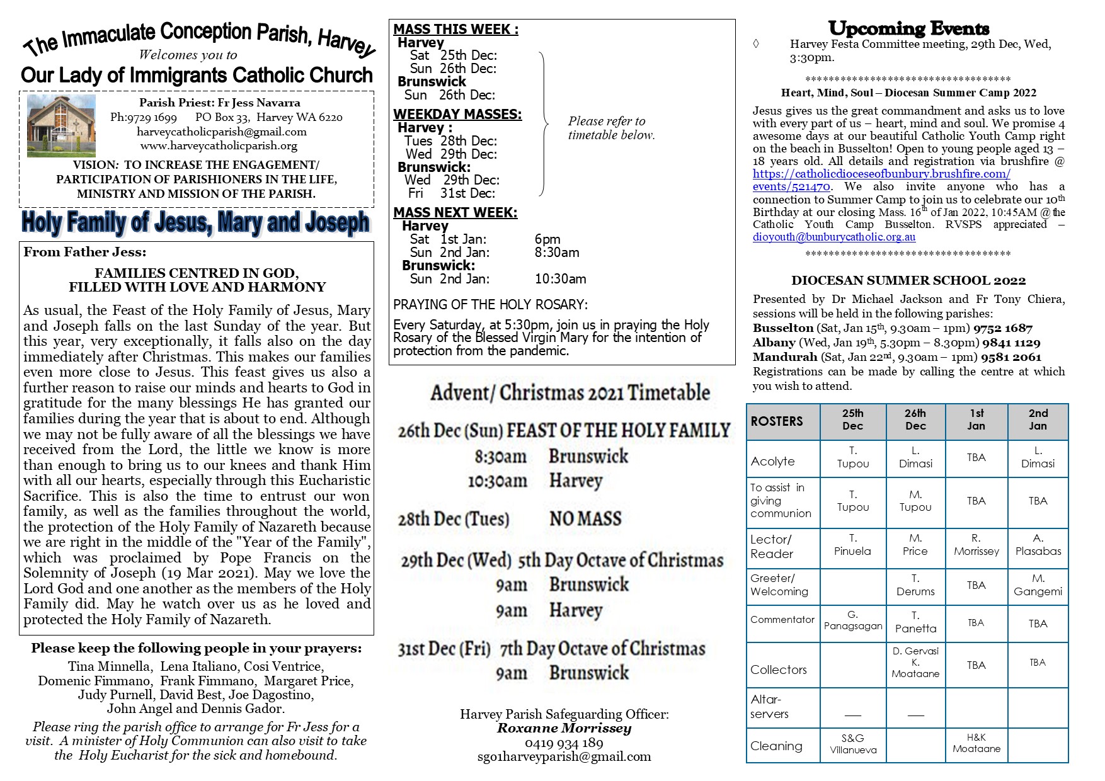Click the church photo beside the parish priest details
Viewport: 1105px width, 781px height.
point(61,126)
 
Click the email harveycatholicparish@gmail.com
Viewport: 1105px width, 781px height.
point(222,132)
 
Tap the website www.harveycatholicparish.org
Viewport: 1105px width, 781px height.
point(219,145)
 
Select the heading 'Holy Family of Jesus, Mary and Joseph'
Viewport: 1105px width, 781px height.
point(195,222)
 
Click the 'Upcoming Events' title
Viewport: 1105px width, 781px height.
point(908,29)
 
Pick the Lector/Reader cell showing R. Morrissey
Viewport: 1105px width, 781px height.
point(976,545)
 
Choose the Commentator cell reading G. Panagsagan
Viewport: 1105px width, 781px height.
point(853,620)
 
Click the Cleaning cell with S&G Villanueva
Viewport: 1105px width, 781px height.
point(852,744)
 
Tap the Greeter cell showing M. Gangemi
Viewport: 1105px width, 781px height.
point(1038,585)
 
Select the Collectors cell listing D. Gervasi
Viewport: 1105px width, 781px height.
point(915,662)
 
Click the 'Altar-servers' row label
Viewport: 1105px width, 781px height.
point(769,707)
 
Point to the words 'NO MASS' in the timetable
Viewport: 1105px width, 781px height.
point(585,519)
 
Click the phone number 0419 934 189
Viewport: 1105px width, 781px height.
point(564,743)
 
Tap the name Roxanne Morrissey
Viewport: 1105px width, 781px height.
point(564,729)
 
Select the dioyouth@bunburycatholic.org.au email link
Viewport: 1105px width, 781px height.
point(834,237)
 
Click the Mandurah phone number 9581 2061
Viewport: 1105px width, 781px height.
point(1011,357)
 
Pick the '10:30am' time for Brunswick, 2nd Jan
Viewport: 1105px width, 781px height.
point(560,279)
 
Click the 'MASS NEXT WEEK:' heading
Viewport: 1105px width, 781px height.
point(455,213)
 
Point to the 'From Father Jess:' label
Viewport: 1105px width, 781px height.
point(85,252)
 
